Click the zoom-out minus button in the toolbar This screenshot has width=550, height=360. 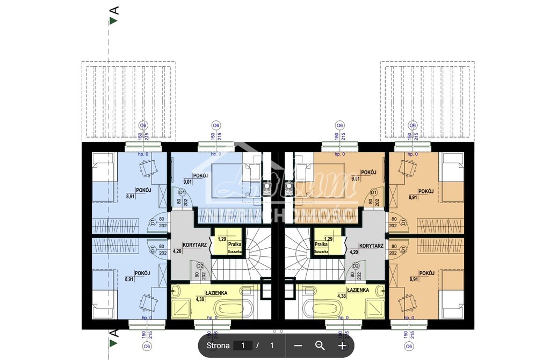click(299, 345)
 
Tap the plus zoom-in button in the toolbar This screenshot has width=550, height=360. click(342, 345)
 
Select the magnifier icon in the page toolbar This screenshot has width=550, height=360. click(320, 345)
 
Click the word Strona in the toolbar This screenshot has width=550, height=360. click(218, 345)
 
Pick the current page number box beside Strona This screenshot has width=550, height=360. click(243, 345)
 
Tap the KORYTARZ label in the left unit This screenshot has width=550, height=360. click(194, 244)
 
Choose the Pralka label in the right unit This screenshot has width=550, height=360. click(322, 243)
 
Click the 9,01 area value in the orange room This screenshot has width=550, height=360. click(355, 178)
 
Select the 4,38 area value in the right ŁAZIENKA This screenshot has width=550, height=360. click(342, 296)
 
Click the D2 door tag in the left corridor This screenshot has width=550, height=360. click(200, 265)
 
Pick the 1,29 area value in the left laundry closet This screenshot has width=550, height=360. click(221, 239)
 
